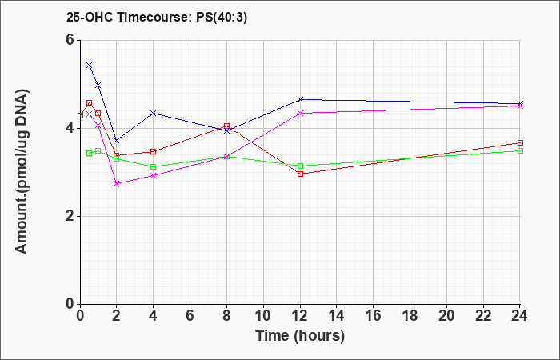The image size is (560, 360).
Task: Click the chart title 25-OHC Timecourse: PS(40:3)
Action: pyautogui.click(x=157, y=18)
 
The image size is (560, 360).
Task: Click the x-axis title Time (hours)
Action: pyautogui.click(x=300, y=336)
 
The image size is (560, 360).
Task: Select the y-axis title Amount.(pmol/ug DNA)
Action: pyautogui.click(x=22, y=172)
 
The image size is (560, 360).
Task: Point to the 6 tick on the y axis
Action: pyautogui.click(x=70, y=40)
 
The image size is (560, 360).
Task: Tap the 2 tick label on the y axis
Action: pyautogui.click(x=70, y=217)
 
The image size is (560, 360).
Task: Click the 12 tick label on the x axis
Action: pyautogui.click(x=300, y=316)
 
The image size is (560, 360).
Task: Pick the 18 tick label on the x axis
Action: pyautogui.click(x=410, y=316)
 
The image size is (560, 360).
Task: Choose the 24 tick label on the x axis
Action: pyautogui.click(x=519, y=316)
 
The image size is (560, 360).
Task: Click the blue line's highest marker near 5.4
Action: pyautogui.click(x=90, y=66)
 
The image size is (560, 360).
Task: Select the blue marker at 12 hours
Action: pyautogui.click(x=300, y=99)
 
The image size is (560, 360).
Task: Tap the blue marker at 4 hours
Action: pyautogui.click(x=154, y=114)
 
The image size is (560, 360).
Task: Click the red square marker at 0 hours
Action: pyautogui.click(x=80, y=115)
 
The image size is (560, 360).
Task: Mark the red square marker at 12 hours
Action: pyautogui.click(x=300, y=174)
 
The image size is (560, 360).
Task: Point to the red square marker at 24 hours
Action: pyautogui.click(x=520, y=143)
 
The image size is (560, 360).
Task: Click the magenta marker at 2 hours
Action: pyautogui.click(x=117, y=183)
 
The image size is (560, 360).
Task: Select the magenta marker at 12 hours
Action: pyautogui.click(x=300, y=114)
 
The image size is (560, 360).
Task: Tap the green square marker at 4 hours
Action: pyautogui.click(x=154, y=166)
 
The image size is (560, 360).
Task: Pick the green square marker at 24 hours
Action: pyautogui.click(x=520, y=150)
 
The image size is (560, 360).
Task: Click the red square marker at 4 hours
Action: pyautogui.click(x=154, y=152)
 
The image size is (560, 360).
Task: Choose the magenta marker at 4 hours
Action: pyautogui.click(x=154, y=176)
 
